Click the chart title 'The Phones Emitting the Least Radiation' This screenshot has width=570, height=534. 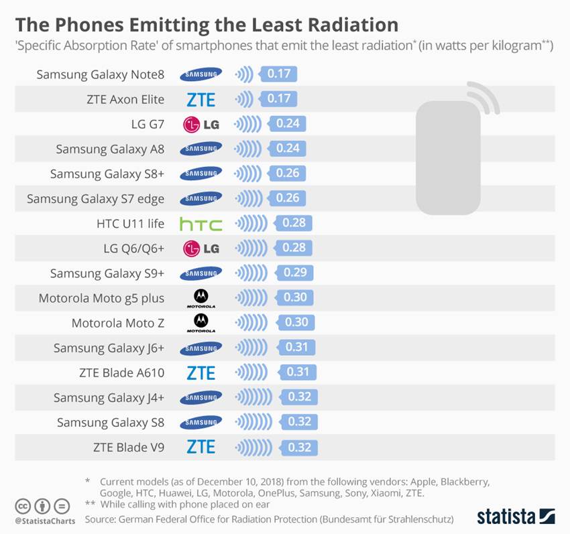click(x=207, y=25)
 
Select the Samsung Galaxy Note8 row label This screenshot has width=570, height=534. click(x=100, y=74)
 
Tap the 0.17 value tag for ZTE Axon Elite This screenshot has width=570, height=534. click(x=279, y=99)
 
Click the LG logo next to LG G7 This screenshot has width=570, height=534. click(x=201, y=124)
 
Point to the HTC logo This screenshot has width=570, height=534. click(x=201, y=223)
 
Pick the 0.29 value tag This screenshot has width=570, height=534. click(x=295, y=272)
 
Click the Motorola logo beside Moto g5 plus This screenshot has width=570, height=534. click(x=201, y=297)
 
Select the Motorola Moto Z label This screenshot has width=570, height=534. click(x=117, y=322)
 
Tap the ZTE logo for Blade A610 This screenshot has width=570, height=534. click(x=201, y=373)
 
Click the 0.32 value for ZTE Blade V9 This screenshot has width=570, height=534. click(x=299, y=447)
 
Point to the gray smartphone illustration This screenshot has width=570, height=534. click(x=449, y=157)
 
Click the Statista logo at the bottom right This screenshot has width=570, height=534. click(x=516, y=516)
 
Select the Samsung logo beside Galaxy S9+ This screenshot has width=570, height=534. click(x=201, y=273)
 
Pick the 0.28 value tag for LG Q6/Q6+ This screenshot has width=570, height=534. click(x=294, y=248)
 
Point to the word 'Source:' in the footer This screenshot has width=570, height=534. click(x=103, y=519)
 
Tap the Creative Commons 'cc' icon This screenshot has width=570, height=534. click(x=23, y=506)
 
